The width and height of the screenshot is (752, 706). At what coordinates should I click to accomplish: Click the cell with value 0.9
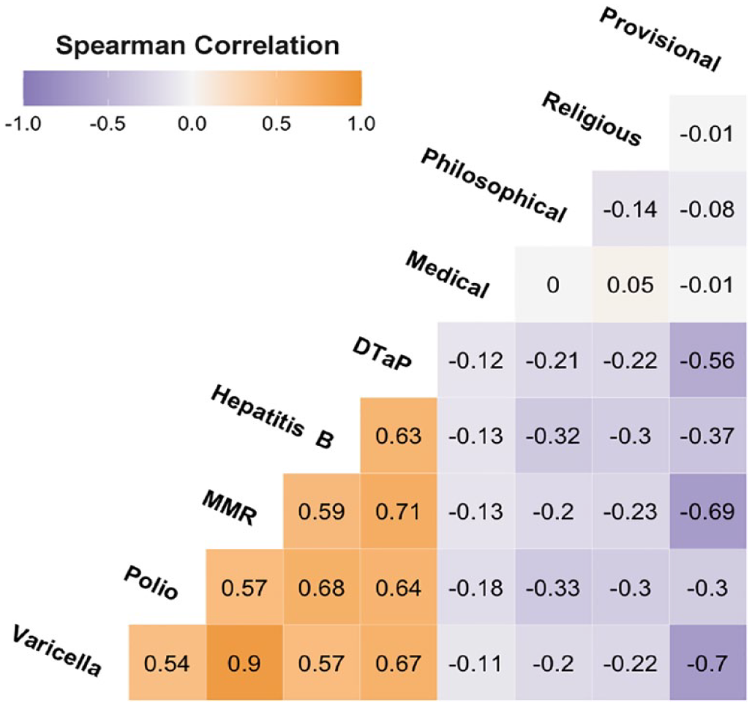(244, 663)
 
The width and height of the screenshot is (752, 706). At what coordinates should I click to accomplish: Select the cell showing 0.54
(168, 663)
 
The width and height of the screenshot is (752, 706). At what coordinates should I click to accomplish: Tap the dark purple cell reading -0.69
(708, 512)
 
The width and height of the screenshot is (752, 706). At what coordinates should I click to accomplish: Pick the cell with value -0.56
(708, 360)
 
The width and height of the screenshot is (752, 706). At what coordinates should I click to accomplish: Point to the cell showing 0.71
(399, 512)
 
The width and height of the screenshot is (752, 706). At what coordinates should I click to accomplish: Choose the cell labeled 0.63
(399, 436)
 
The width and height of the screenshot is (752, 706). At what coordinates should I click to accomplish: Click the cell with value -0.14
(631, 209)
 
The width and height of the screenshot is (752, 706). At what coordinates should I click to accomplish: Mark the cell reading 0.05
(631, 285)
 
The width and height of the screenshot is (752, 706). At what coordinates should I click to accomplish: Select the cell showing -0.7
(708, 663)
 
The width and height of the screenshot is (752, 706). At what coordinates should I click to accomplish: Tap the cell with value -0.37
(708, 436)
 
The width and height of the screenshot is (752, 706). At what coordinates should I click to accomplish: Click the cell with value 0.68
(322, 587)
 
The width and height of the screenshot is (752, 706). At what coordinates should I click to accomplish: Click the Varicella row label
(56, 651)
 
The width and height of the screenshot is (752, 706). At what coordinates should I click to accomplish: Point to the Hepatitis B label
(272, 417)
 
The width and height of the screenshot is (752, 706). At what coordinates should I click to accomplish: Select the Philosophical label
(494, 185)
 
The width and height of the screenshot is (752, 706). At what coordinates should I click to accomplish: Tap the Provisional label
(661, 39)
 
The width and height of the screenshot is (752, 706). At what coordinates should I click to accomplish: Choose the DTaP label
(383, 354)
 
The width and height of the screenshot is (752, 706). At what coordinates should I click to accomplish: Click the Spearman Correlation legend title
(198, 45)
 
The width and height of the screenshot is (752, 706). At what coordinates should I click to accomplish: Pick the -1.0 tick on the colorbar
(23, 124)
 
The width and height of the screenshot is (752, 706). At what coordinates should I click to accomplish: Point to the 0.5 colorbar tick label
(277, 124)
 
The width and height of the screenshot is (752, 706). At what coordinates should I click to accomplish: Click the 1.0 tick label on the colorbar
(361, 124)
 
